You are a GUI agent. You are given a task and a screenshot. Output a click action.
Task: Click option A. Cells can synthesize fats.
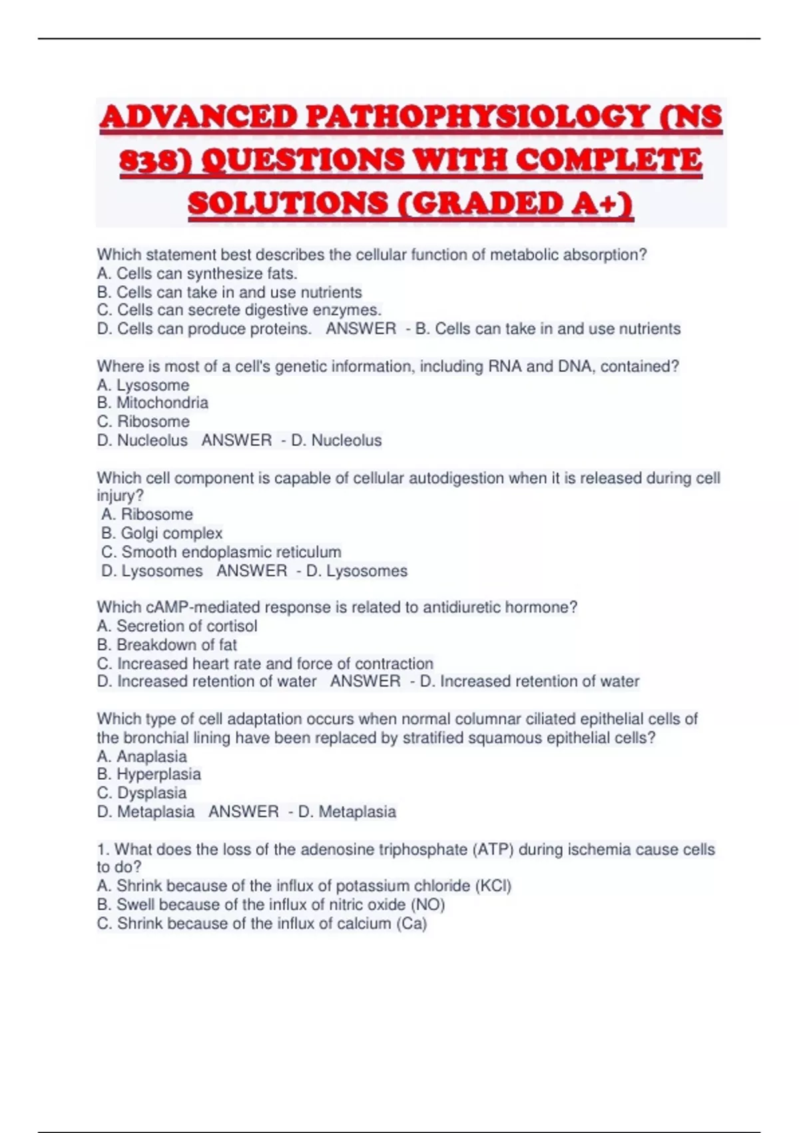197,273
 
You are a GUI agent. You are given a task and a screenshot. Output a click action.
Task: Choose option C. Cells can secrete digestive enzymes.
239,310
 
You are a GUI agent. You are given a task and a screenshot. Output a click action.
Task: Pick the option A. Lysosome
143,385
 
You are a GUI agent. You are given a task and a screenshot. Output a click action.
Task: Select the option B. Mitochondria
152,403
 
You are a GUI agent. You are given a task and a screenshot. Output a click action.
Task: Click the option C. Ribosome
143,421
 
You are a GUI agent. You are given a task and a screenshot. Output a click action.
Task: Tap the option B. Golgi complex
162,533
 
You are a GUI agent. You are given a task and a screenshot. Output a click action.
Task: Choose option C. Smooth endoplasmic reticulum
221,552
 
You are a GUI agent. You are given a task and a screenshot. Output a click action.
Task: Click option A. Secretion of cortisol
177,626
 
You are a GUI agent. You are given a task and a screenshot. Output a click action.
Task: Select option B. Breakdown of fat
166,644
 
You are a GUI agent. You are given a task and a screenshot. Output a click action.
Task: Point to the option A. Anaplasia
142,756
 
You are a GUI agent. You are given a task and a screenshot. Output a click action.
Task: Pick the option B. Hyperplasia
148,774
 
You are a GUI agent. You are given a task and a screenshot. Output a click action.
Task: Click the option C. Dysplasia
142,792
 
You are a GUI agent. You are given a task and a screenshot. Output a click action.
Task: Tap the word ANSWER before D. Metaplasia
244,811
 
